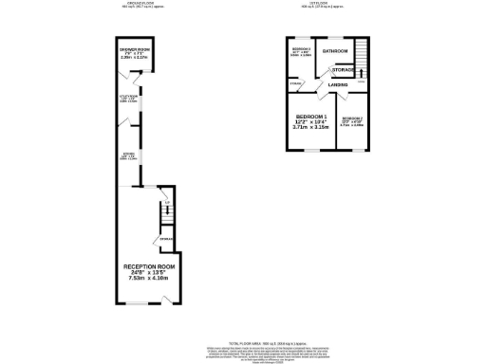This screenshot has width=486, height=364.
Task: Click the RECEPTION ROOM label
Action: [146, 268]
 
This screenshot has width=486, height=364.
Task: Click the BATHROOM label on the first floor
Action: [334, 50]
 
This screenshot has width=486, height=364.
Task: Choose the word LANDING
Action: [337, 86]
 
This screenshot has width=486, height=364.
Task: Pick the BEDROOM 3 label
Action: [302, 48]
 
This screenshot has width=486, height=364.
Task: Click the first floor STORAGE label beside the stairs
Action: [343, 69]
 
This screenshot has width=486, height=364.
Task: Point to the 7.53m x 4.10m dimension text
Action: [146, 279]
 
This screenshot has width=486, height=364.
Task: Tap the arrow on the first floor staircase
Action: [360, 71]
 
